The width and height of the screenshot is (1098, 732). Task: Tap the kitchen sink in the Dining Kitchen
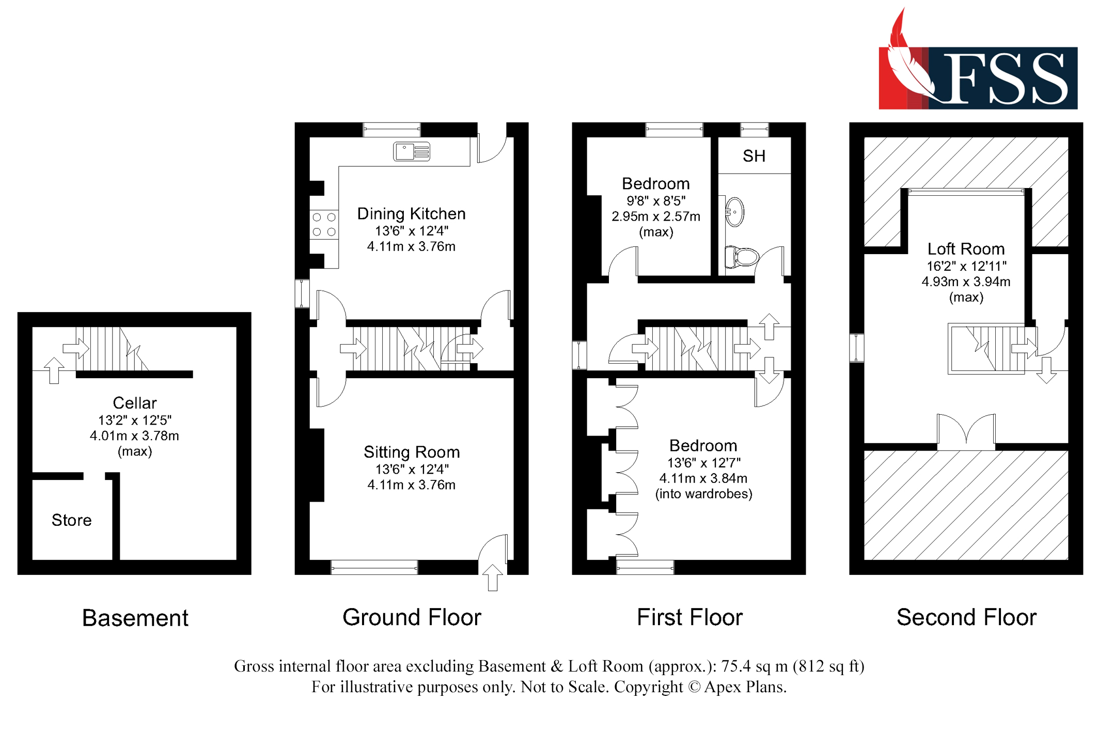tap(412, 151)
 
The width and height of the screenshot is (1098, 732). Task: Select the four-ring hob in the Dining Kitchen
tap(324, 225)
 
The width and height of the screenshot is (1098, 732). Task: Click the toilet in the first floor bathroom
tap(742, 256)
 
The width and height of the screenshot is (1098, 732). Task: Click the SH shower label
tap(754, 156)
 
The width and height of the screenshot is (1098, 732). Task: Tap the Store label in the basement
tap(71, 520)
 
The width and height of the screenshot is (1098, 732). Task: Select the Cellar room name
tap(134, 403)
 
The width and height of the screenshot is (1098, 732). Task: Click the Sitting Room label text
tap(411, 452)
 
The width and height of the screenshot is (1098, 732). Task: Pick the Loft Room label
tap(965, 249)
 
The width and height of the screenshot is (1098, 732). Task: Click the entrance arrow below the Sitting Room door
tap(492, 578)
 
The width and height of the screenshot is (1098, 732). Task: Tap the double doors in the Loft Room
tap(966, 431)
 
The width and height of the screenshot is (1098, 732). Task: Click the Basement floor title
tap(135, 618)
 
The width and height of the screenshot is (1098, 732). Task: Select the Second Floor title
tap(966, 617)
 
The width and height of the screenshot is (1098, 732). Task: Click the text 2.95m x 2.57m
tap(655, 216)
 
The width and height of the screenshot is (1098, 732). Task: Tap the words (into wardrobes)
tap(703, 494)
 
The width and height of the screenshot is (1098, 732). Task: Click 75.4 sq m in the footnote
tap(754, 666)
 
